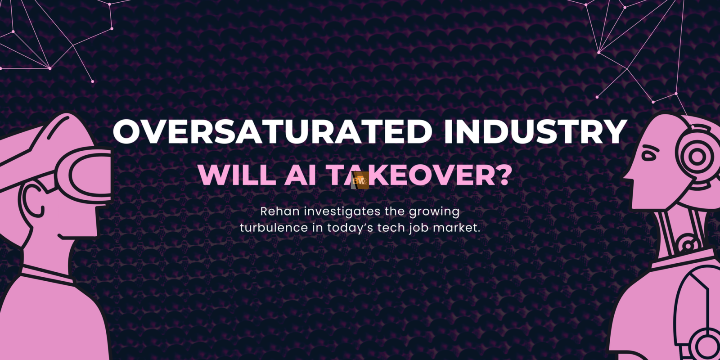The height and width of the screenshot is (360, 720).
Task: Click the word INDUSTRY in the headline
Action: point(535,131)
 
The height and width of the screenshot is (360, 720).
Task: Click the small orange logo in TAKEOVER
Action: point(360,180)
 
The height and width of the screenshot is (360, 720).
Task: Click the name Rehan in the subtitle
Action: point(280,211)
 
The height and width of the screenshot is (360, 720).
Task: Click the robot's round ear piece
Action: point(697,157)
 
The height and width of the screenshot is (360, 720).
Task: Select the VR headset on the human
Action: point(84,175)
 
